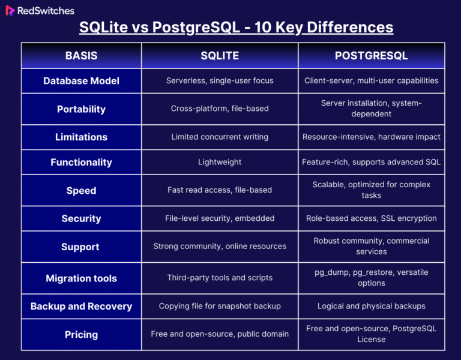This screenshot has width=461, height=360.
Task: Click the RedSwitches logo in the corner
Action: (x=40, y=10)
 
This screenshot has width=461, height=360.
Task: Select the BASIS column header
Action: (x=81, y=56)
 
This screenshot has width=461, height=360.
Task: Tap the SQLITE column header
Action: (x=220, y=56)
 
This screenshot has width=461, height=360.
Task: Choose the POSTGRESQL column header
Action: (x=371, y=56)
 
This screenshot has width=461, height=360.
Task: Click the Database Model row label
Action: (x=81, y=81)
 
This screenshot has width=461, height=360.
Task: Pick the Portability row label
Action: (x=81, y=109)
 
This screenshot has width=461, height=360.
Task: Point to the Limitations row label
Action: (x=81, y=137)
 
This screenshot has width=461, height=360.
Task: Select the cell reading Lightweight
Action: (x=220, y=162)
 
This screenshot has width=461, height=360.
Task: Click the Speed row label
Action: (x=81, y=190)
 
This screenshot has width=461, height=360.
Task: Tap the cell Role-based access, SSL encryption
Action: (x=371, y=218)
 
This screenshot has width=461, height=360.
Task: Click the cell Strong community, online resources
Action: (x=220, y=246)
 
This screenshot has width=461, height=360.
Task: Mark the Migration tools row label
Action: (x=81, y=278)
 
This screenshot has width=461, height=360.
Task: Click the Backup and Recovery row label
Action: (x=81, y=306)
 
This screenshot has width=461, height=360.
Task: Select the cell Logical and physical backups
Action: (x=371, y=306)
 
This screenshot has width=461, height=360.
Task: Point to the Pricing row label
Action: (x=81, y=334)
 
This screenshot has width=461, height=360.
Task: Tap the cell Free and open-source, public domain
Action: (x=220, y=334)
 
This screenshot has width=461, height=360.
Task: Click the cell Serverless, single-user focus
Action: (x=220, y=80)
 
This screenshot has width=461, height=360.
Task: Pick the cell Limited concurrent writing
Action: (x=220, y=137)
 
